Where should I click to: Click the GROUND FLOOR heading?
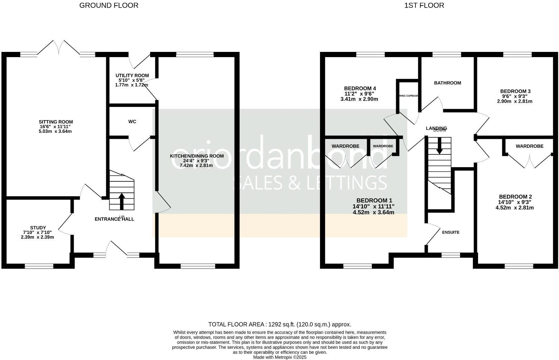(x=109, y=6)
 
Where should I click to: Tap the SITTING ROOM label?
(x=56, y=122)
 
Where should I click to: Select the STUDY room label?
(x=38, y=228)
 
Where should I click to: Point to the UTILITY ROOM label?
(x=132, y=75)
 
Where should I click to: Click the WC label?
(x=132, y=121)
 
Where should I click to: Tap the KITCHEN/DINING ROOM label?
(x=197, y=156)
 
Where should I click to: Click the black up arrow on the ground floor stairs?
(x=122, y=201)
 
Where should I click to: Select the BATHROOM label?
(x=447, y=83)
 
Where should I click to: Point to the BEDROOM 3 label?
(x=515, y=91)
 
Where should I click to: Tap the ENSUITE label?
(x=451, y=232)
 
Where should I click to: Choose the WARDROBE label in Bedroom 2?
(x=529, y=146)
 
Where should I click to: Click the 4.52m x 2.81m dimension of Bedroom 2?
(x=515, y=208)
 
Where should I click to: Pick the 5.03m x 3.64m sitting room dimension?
(x=56, y=132)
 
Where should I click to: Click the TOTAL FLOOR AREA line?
(x=279, y=324)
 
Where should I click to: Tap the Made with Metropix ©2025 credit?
(x=279, y=357)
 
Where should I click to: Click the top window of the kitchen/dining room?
(x=195, y=54)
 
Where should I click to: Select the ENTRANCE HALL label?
(x=114, y=219)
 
